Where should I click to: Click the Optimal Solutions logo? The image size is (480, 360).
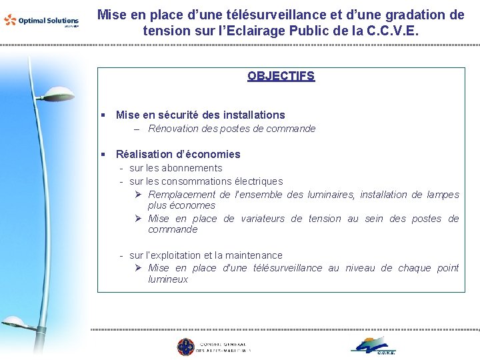(x=41, y=21)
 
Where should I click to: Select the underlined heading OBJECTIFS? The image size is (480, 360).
(x=281, y=76)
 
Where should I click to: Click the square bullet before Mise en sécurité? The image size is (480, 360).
(x=103, y=115)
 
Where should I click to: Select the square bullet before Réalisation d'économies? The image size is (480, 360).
(x=103, y=155)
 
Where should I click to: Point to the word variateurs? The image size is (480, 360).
(x=263, y=219)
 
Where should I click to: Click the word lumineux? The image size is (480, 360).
(x=168, y=279)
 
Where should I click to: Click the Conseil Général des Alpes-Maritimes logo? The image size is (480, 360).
(x=214, y=347)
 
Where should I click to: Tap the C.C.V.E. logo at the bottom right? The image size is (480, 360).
(x=374, y=346)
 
